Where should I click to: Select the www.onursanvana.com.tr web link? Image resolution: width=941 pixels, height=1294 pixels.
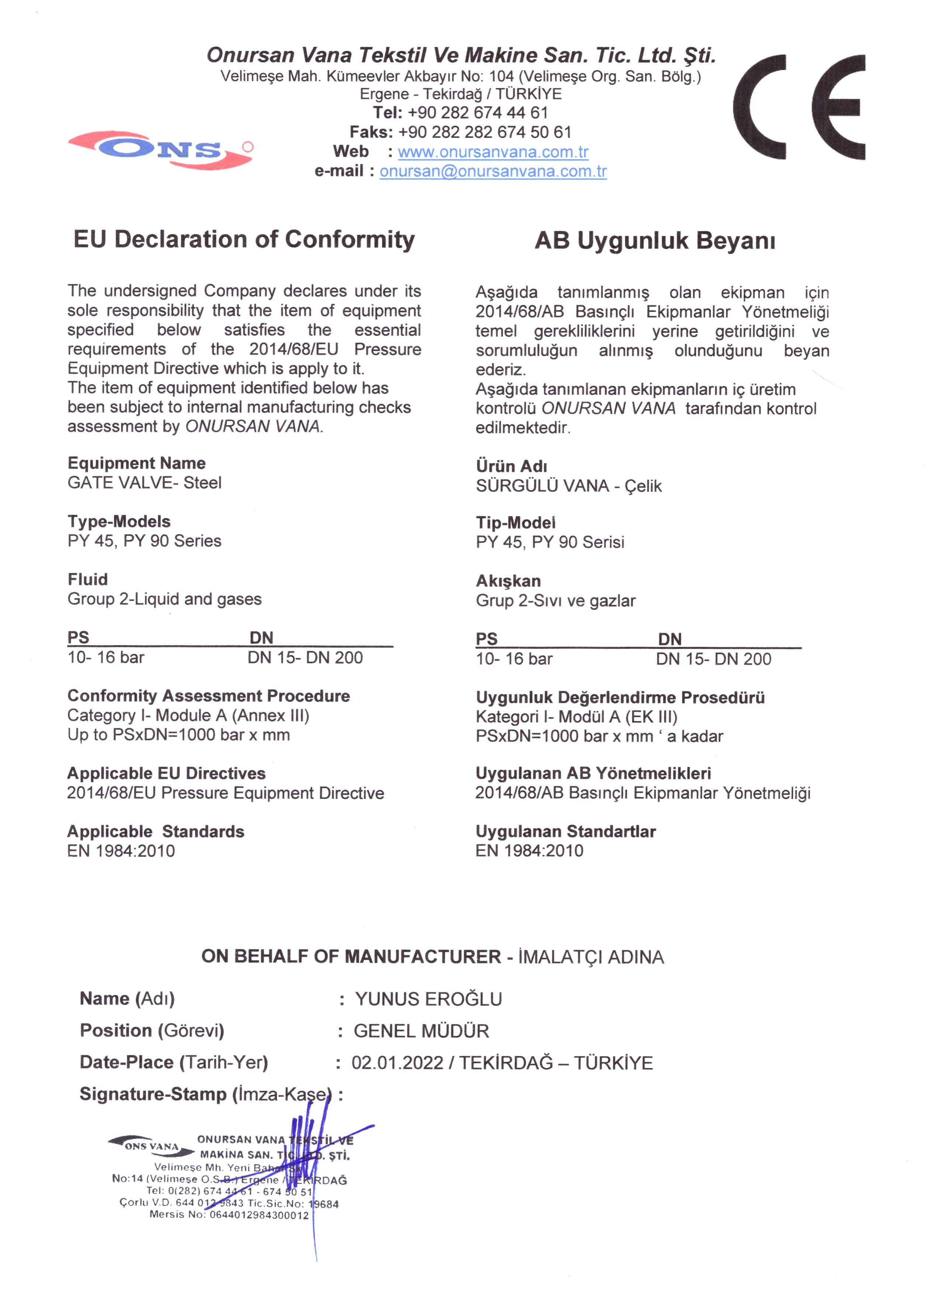tap(493, 152)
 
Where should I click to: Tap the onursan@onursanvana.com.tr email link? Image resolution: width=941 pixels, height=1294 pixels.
tap(493, 172)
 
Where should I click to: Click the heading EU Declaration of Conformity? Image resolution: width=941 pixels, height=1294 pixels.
tap(244, 240)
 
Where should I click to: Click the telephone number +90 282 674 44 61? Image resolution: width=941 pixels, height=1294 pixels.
tap(478, 113)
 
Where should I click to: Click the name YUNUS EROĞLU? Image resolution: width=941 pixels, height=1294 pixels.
tap(428, 999)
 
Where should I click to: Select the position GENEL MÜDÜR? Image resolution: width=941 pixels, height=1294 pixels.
tap(421, 1031)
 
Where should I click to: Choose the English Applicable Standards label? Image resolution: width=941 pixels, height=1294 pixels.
tap(155, 831)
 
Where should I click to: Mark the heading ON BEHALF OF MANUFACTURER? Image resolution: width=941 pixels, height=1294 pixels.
tap(351, 957)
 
